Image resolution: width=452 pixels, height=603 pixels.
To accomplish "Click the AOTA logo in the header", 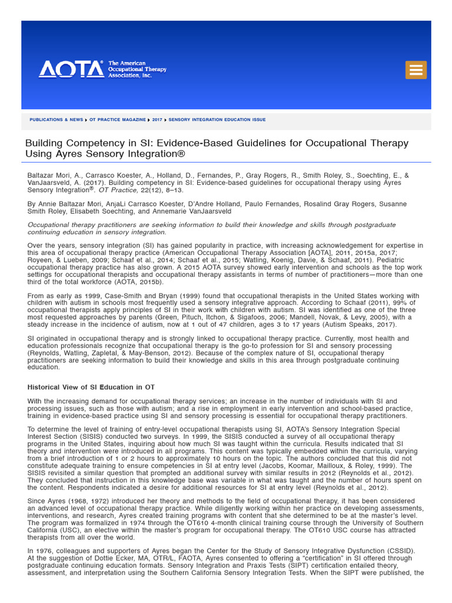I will point(71,69).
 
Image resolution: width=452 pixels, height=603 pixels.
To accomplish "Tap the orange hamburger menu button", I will point(416,69).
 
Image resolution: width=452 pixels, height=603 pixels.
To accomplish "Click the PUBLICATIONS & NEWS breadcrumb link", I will point(56,120).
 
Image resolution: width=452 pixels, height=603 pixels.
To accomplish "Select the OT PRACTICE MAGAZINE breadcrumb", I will point(117,120).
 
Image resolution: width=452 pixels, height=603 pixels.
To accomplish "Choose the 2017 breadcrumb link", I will point(157,120).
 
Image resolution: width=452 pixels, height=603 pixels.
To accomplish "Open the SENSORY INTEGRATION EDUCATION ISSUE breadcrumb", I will point(217,120).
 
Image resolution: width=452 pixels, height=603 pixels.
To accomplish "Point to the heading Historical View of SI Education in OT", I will point(91,387).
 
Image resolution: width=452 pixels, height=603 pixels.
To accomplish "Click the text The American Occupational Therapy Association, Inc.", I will point(137,69).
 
